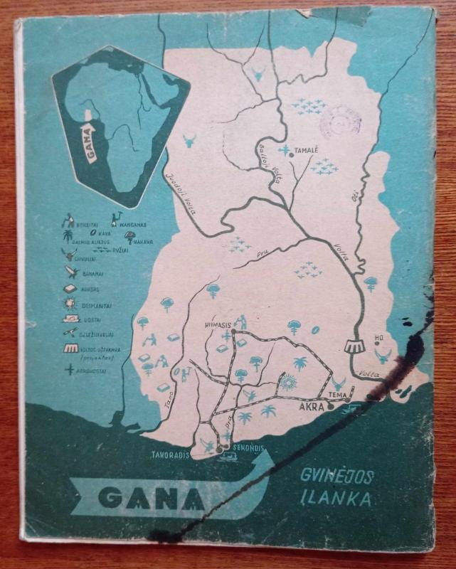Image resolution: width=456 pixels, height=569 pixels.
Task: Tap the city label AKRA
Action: [310, 407]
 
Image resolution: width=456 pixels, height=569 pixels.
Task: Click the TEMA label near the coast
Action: [337, 395]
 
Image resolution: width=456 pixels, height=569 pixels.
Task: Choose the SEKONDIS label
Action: [248, 447]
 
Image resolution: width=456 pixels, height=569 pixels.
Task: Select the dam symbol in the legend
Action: [70, 349]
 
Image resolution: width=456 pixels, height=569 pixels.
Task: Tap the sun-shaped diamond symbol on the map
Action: [287, 382]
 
